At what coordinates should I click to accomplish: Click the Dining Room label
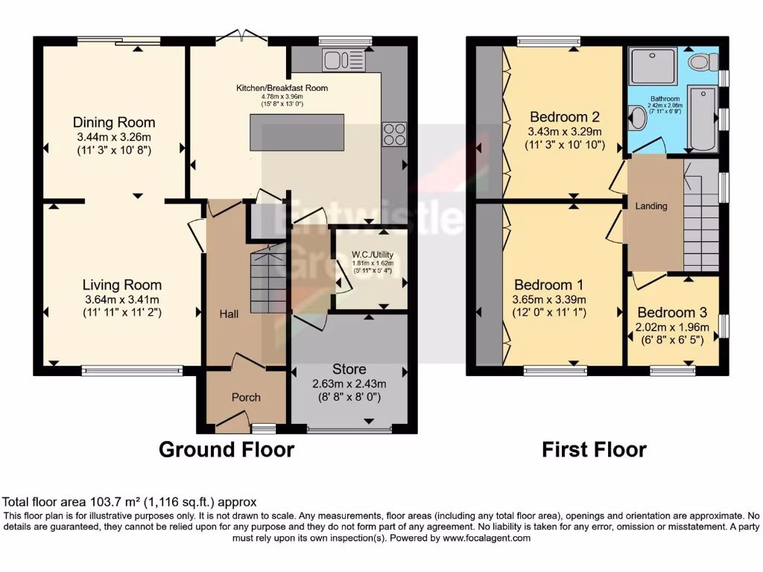(x=114, y=123)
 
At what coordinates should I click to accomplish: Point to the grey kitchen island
(x=297, y=134)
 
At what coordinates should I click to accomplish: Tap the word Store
(x=349, y=369)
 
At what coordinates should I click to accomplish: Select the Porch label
(x=246, y=398)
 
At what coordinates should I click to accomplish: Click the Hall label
(x=229, y=315)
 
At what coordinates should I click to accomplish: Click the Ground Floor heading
(x=227, y=450)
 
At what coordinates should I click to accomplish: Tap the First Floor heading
(x=594, y=450)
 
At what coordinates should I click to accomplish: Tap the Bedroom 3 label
(x=672, y=313)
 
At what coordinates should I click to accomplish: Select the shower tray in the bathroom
(x=653, y=66)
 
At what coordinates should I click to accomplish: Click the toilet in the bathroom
(x=700, y=62)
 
